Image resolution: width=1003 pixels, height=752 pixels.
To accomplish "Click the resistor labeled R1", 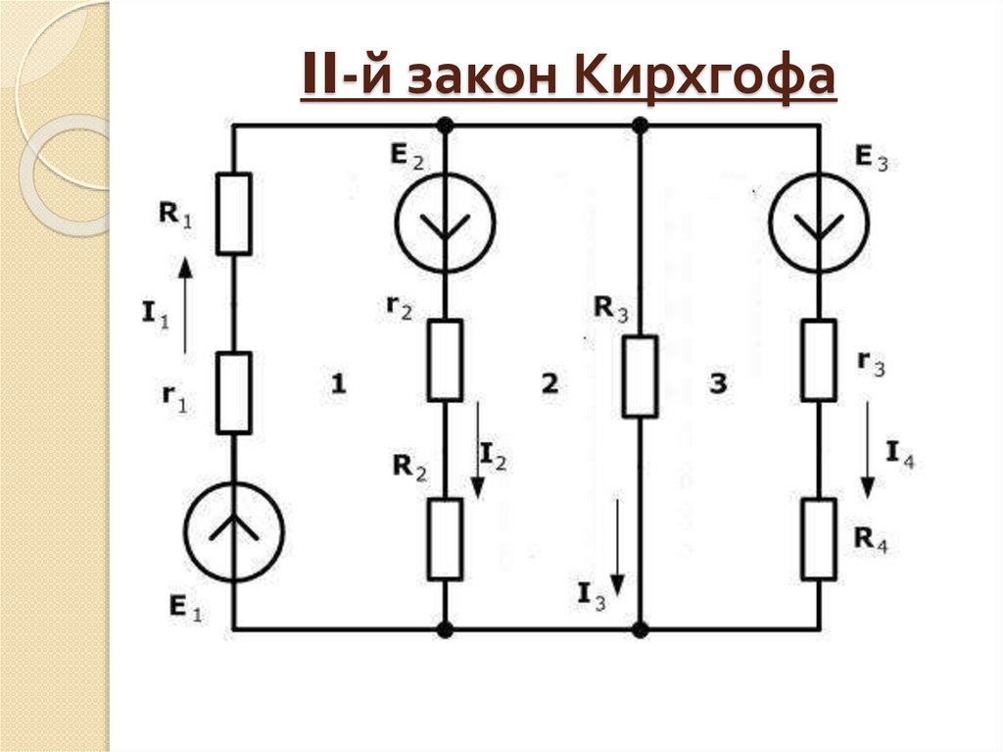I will pyautogui.click(x=234, y=214).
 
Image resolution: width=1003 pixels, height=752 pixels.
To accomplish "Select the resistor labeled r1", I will pyautogui.click(x=234, y=393).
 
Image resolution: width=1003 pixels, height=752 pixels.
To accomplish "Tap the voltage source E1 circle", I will pyautogui.click(x=234, y=530).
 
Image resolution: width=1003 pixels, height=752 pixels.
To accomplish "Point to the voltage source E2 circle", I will pyautogui.click(x=445, y=223).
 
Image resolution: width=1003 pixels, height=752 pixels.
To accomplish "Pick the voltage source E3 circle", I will pyautogui.click(x=818, y=223).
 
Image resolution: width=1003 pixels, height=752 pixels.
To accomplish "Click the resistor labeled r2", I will pyautogui.click(x=445, y=360).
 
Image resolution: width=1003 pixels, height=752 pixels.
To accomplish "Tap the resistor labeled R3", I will pyautogui.click(x=640, y=376).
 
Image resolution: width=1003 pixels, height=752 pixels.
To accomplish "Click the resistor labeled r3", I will pyautogui.click(x=818, y=360).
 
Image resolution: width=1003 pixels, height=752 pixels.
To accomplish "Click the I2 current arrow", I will pyautogui.click(x=477, y=447).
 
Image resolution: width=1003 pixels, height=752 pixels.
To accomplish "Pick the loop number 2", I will pyautogui.click(x=549, y=385).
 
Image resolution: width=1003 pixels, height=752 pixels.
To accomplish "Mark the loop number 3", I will pyautogui.click(x=719, y=385).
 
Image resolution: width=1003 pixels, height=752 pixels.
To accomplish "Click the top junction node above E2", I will pyautogui.click(x=445, y=125).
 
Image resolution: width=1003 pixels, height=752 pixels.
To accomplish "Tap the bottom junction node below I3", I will pyautogui.click(x=640, y=628).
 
